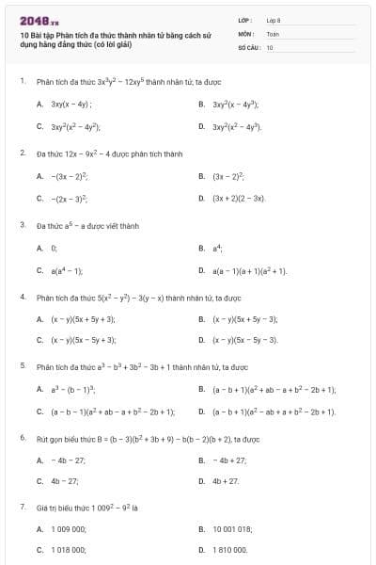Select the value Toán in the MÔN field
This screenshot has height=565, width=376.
click(x=273, y=32)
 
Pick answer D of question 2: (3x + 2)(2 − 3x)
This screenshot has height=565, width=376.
click(x=238, y=199)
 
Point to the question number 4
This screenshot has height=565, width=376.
click(x=22, y=296)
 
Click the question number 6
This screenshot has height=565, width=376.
click(x=22, y=438)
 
